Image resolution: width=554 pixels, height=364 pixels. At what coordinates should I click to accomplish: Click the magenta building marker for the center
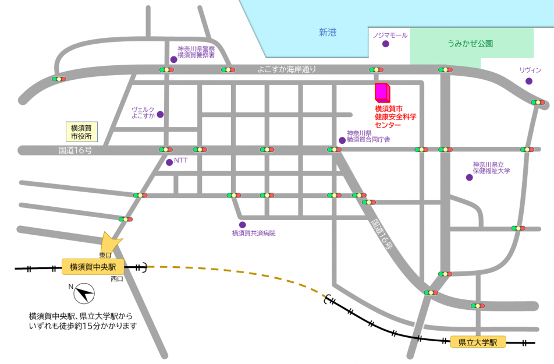click(382, 92)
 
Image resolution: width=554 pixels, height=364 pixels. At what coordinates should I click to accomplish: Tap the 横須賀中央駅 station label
click(93, 267)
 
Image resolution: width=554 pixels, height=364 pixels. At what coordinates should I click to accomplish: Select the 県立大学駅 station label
click(478, 342)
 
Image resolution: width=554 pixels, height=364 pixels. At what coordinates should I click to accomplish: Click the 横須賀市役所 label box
click(81, 132)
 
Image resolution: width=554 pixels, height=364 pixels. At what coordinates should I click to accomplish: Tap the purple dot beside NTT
click(169, 162)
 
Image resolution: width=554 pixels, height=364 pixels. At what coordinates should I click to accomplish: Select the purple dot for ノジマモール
click(385, 44)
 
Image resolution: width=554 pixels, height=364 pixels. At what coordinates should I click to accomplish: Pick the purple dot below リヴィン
click(529, 81)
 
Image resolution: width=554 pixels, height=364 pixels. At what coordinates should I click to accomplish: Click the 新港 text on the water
click(328, 33)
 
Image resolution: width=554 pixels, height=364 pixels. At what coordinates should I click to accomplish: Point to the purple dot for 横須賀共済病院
click(242, 225)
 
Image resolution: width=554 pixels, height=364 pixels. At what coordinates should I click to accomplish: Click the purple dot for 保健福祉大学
click(469, 178)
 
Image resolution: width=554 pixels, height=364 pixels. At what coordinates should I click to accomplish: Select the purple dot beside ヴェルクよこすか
click(161, 114)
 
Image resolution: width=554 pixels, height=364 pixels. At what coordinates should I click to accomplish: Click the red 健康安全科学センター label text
click(396, 116)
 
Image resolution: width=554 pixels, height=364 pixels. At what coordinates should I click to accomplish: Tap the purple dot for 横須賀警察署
click(173, 59)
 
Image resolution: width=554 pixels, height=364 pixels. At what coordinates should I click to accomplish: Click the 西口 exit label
click(117, 279)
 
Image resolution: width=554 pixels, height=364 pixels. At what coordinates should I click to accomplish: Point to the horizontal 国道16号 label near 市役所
click(75, 150)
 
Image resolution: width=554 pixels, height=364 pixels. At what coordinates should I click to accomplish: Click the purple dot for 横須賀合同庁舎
click(342, 140)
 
